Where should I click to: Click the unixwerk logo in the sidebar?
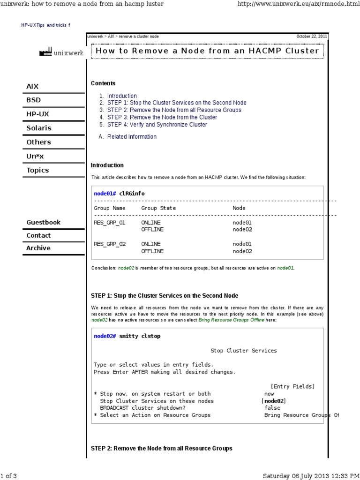click(x=62, y=53)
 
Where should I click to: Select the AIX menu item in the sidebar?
click(x=33, y=86)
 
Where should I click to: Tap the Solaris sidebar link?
click(x=39, y=128)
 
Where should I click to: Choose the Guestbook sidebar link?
click(x=44, y=222)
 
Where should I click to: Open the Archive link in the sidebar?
click(x=38, y=248)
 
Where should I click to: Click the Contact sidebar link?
click(x=38, y=235)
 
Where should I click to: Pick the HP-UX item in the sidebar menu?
click(x=37, y=114)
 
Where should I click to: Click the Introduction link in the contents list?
click(x=122, y=96)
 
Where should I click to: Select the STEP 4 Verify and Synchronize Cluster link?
click(x=157, y=125)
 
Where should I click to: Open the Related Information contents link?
click(x=132, y=137)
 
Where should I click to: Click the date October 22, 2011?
click(x=312, y=37)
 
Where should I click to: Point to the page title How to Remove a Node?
click(x=207, y=51)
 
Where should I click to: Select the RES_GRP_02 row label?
click(x=110, y=244)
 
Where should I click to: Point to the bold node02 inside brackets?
click(x=274, y=401)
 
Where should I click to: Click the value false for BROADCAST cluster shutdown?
click(x=272, y=408)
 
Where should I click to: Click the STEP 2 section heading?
click(x=161, y=449)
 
